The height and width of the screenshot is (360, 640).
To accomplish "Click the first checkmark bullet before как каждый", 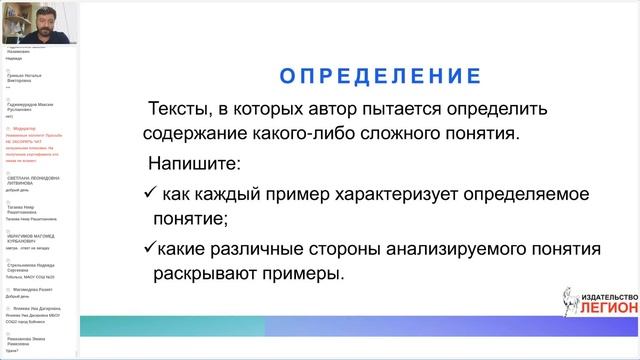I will (x=150, y=190).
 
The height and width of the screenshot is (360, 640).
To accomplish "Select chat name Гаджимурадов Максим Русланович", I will (x=39, y=106).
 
